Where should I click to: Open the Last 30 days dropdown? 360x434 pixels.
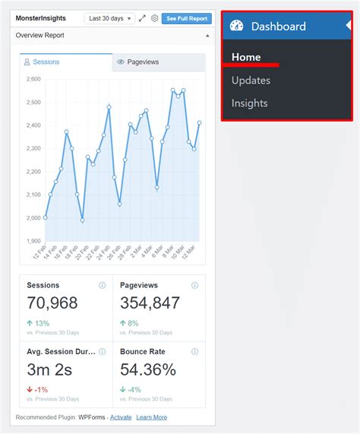pyautogui.click(x=109, y=18)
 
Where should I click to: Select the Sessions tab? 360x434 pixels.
pyautogui.click(x=66, y=62)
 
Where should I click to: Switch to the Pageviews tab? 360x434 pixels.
pyautogui.click(x=158, y=62)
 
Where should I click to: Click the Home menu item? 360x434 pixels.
pyautogui.click(x=246, y=57)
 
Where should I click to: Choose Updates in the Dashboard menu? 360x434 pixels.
pyautogui.click(x=251, y=80)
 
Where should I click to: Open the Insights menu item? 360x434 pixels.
pyautogui.click(x=250, y=103)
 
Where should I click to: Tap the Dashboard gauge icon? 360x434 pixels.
pyautogui.click(x=236, y=27)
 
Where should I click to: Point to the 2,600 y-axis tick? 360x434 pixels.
pyautogui.click(x=33, y=79)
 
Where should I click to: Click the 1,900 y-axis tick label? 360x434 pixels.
pyautogui.click(x=33, y=241)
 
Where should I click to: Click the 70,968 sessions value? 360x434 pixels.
pyautogui.click(x=52, y=303)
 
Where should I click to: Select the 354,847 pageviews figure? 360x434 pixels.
pyautogui.click(x=150, y=303)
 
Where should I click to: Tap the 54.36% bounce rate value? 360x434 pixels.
pyautogui.click(x=148, y=370)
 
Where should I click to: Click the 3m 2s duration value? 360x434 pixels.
pyautogui.click(x=49, y=370)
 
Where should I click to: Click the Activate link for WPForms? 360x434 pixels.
pyautogui.click(x=121, y=417)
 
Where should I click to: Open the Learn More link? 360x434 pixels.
pyautogui.click(x=152, y=417)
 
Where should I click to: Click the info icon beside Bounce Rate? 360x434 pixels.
pyautogui.click(x=195, y=352)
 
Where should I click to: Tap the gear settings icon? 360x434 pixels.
pyautogui.click(x=154, y=18)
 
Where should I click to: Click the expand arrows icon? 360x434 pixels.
pyautogui.click(x=142, y=18)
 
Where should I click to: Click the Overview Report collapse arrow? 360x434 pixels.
pyautogui.click(x=207, y=36)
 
